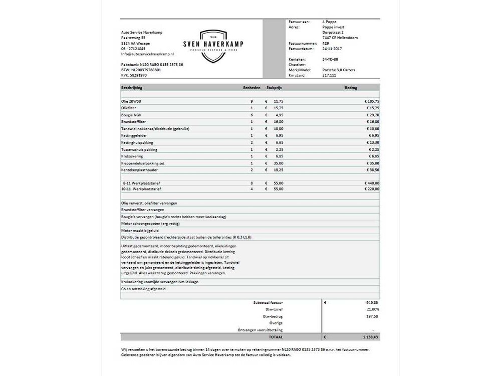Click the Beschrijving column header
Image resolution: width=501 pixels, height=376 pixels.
(x=132, y=87)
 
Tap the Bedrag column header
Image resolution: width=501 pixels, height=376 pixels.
(x=351, y=87)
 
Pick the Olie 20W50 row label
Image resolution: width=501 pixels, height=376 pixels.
(x=131, y=101)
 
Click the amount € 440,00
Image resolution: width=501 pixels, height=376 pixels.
(x=371, y=183)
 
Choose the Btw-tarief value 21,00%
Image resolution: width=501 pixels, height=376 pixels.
(x=372, y=310)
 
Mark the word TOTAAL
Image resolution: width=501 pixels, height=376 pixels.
(x=276, y=337)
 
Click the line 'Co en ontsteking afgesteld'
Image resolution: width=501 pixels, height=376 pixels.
(x=144, y=289)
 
